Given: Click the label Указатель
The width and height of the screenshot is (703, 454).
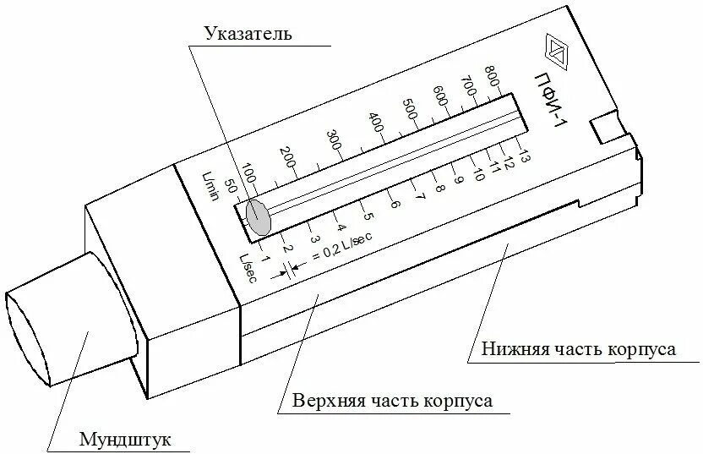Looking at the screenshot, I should coord(248,34).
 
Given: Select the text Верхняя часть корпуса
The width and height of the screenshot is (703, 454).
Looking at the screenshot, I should coord(392,400).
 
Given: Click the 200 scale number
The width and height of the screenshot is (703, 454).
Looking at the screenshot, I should coord(288,156).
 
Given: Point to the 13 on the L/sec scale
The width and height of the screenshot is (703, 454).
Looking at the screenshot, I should coord(522,155).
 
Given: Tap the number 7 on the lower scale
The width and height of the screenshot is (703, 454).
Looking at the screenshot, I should coord(420,195).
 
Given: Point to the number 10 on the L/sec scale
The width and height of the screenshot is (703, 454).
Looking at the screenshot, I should coord(478,174).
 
